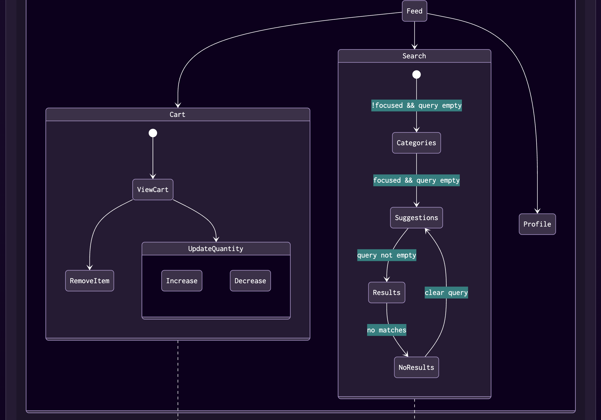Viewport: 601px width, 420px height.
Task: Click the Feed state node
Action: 414,11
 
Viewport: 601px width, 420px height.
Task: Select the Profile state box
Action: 537,224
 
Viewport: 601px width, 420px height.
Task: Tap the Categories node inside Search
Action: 416,143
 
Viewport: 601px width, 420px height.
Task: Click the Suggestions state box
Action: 416,218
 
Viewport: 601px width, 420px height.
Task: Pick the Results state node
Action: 386,292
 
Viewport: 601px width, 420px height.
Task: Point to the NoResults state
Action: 416,367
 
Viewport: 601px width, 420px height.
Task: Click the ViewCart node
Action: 153,189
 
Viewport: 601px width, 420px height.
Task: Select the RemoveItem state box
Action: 89,281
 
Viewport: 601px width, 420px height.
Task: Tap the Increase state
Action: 182,281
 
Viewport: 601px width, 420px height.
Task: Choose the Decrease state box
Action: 250,281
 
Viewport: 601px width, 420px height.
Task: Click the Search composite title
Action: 414,56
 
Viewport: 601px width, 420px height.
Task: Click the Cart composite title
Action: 177,114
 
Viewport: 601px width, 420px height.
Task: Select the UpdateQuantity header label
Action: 216,249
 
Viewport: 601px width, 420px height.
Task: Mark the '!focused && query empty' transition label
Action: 416,105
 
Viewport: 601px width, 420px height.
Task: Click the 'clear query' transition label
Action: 446,292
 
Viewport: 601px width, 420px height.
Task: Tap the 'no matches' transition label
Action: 386,330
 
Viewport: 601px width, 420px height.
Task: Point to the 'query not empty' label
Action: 386,255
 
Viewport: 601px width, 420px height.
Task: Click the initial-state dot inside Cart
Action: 153,133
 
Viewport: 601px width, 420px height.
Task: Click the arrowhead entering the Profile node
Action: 537,211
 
